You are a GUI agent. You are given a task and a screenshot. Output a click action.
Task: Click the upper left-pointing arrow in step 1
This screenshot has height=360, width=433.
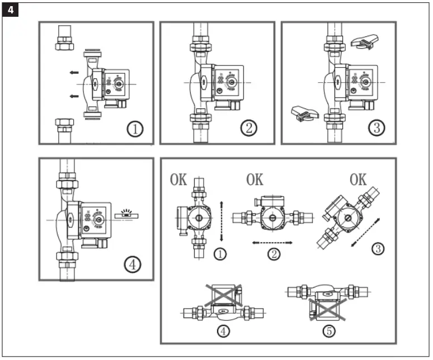[73, 72]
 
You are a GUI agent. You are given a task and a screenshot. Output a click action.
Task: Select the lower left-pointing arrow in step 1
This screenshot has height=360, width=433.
[73, 96]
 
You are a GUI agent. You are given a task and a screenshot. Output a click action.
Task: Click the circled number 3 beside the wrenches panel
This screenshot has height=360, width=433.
[377, 127]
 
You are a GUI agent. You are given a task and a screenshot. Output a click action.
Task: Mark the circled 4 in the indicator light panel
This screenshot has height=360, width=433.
[133, 264]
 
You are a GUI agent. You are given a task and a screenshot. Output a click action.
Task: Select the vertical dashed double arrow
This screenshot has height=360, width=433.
[222, 221]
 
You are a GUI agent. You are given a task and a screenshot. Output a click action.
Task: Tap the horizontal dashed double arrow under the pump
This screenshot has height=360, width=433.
[272, 243]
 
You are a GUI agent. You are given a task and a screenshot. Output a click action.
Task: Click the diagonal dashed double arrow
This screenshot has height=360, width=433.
[363, 230]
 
